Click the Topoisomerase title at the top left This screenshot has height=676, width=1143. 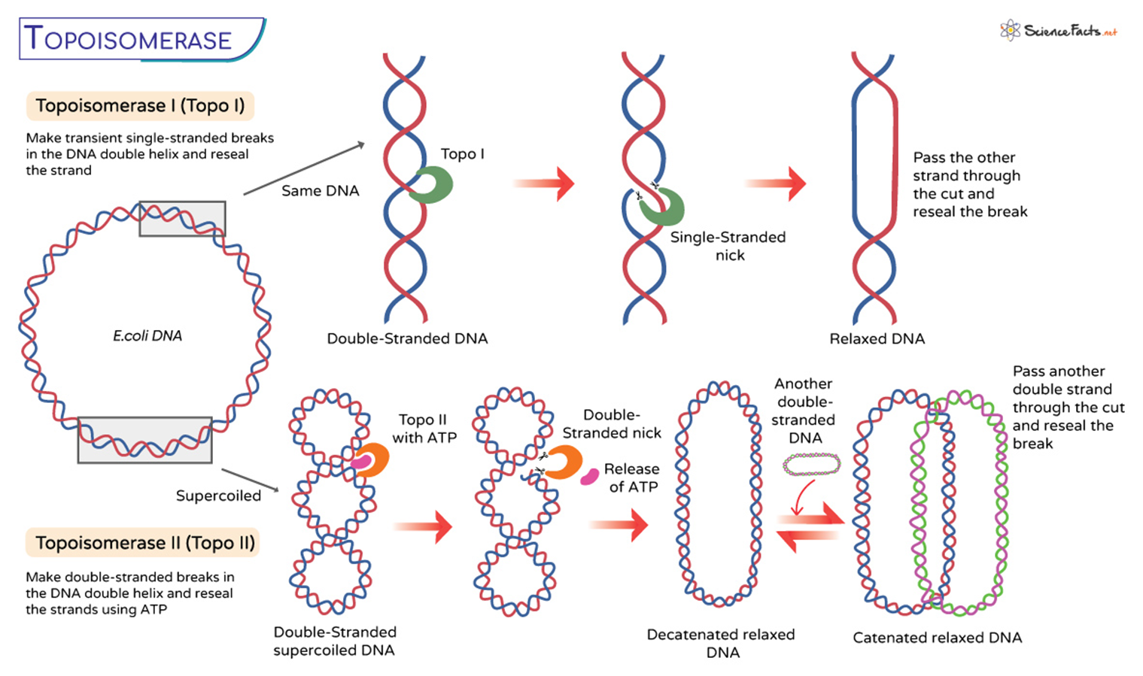click(128, 39)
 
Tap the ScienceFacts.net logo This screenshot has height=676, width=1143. click(1058, 31)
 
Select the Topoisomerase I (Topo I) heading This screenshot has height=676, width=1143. click(140, 106)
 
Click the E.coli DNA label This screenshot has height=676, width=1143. click(147, 336)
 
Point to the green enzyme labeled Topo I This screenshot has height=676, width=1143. click(433, 185)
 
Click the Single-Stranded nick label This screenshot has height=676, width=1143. click(728, 246)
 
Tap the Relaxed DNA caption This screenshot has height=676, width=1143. click(877, 339)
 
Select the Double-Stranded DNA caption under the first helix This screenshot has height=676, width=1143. click(407, 339)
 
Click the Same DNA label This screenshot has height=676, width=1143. click(320, 191)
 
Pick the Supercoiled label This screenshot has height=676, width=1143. click(218, 496)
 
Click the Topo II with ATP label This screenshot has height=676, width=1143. click(424, 429)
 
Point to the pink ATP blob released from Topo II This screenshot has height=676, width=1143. click(589, 477)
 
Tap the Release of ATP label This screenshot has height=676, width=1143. click(632, 478)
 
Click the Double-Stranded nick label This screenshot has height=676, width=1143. click(612, 424)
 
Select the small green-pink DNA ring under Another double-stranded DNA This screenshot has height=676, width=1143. click(811, 464)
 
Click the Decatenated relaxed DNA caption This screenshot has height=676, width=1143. click(721, 644)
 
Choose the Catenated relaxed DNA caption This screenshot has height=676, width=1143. click(937, 638)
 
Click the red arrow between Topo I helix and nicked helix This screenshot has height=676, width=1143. click(545, 183)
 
